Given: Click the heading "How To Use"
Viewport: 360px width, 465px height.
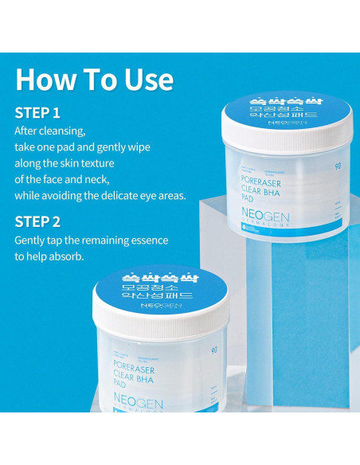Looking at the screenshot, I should point(94,79).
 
